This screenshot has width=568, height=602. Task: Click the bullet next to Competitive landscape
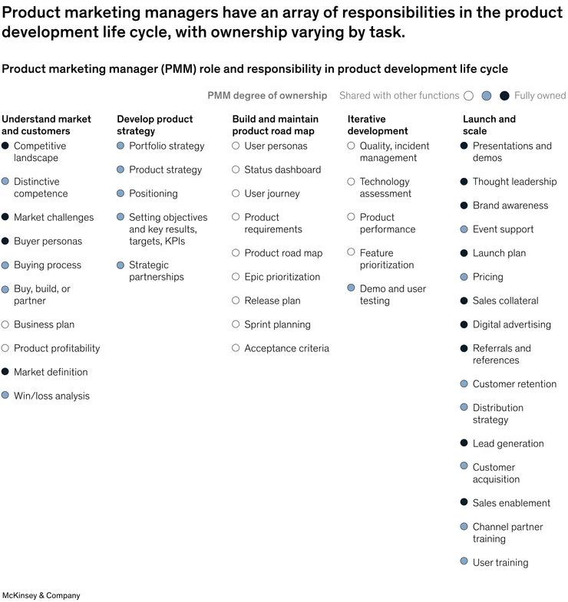pyautogui.click(x=5, y=146)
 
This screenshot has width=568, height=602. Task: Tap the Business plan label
pyautogui.click(x=44, y=324)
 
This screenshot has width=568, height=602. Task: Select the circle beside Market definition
pyautogui.click(x=5, y=372)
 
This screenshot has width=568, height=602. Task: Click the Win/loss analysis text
pyautogui.click(x=51, y=396)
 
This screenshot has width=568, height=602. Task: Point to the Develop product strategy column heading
pyautogui.click(x=154, y=125)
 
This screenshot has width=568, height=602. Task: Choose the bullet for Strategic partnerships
pyautogui.click(x=121, y=265)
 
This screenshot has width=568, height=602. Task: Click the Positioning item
pyautogui.click(x=153, y=193)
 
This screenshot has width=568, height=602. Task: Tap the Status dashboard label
pyautogui.click(x=282, y=169)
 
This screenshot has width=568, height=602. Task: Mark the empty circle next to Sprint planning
pyautogui.click(x=236, y=324)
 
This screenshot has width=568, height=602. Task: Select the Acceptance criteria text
pyautogui.click(x=286, y=348)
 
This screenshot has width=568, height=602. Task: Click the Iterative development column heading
pyautogui.click(x=378, y=125)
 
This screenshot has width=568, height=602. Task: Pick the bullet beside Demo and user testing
pyautogui.click(x=352, y=288)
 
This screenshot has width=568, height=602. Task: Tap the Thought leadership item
pyautogui.click(x=514, y=182)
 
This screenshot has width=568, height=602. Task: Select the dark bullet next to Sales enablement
pyautogui.click(x=464, y=502)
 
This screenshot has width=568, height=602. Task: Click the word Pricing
pyautogui.click(x=487, y=277)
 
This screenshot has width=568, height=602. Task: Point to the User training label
pyautogui.click(x=500, y=562)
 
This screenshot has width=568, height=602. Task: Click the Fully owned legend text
pyautogui.click(x=540, y=96)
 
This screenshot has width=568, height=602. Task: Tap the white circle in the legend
pyautogui.click(x=468, y=96)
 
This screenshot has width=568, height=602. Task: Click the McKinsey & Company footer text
pyautogui.click(x=41, y=595)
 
